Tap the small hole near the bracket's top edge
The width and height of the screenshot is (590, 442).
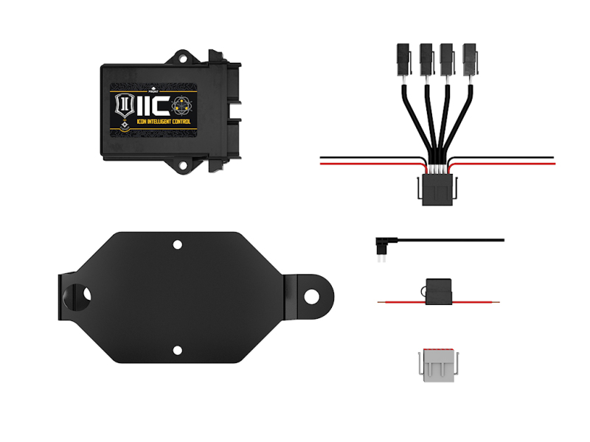(177, 243)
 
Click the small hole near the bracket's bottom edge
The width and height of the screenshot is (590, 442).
(177, 351)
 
